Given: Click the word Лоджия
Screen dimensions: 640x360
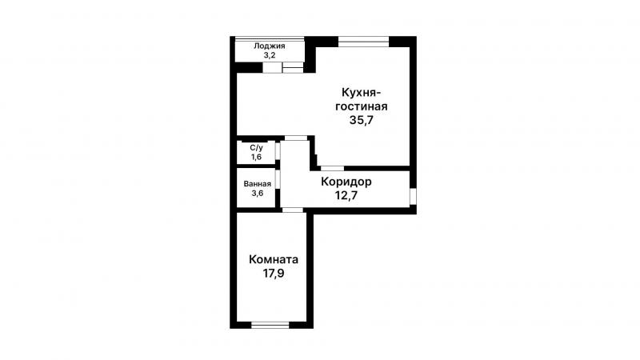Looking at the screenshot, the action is point(270,46).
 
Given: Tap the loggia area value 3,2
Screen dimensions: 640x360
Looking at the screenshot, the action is point(270,55).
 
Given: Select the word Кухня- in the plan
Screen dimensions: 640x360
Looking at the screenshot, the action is point(362,92).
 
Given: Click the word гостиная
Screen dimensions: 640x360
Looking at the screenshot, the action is point(362,106).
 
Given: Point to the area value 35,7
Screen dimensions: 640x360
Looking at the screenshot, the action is point(362,120).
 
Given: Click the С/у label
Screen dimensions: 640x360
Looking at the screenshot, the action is point(256,148).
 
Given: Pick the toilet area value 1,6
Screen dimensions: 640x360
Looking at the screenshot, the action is point(256,157).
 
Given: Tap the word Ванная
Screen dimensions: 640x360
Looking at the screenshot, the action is point(257,184).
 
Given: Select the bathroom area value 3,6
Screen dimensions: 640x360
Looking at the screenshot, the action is point(257,193).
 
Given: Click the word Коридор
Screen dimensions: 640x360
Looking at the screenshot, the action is point(346,182).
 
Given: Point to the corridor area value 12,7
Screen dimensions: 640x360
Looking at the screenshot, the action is point(346,195).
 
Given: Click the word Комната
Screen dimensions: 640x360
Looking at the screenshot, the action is point(274,259).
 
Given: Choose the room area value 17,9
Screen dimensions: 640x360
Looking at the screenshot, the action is point(274,273).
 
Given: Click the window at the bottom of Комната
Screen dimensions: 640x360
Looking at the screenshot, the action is point(270,325).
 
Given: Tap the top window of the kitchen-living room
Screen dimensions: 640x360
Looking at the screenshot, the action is point(363,42).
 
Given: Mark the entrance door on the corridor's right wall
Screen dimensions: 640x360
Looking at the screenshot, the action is point(413,196).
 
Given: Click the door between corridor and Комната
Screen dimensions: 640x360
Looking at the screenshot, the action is point(293,210).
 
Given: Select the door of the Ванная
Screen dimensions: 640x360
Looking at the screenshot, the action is point(278,179).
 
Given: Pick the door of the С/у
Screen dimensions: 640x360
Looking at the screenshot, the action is point(278,151).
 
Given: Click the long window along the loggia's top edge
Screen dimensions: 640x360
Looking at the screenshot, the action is point(270,38).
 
